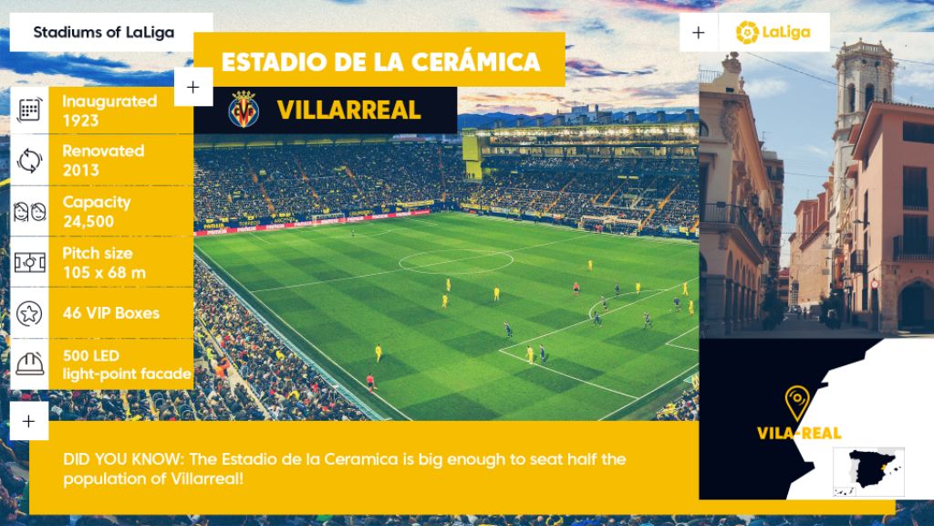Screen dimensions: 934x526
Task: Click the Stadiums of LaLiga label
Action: (104, 32)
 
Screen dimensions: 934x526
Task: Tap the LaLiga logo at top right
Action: (773, 32)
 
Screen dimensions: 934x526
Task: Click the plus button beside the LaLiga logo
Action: (699, 32)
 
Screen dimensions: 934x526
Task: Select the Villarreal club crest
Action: (244, 110)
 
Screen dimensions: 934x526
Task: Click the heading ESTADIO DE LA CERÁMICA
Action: (380, 62)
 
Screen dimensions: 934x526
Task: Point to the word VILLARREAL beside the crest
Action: (348, 110)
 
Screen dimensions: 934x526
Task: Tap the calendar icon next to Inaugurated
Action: (29, 110)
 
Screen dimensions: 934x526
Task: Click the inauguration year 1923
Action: (80, 121)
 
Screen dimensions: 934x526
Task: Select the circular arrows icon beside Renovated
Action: (29, 161)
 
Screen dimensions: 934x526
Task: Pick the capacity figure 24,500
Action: (88, 221)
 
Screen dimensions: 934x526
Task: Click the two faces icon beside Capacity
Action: (29, 211)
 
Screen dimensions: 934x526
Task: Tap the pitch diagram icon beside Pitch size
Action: (29, 262)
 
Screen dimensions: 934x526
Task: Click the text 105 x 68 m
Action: (104, 272)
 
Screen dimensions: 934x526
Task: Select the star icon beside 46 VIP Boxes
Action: (29, 313)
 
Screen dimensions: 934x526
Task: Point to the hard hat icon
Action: (29, 363)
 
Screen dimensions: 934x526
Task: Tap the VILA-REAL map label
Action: (799, 433)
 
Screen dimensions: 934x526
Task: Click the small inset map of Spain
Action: (868, 472)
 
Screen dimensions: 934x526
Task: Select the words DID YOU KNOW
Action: (121, 459)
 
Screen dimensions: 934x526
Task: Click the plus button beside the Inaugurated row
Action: (193, 87)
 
